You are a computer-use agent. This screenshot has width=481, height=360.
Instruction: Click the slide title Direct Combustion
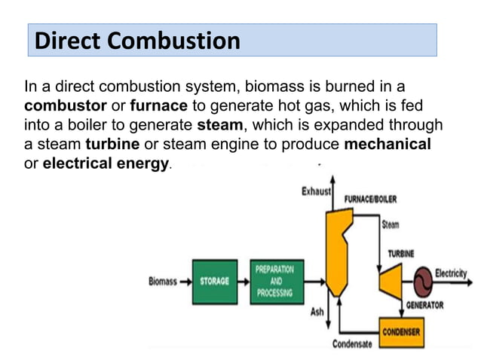[x=138, y=40]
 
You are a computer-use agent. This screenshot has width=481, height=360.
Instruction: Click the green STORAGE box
[x=214, y=282]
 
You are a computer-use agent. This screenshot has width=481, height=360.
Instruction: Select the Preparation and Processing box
[x=274, y=281]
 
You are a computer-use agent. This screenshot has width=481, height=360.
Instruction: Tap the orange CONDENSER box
[x=400, y=331]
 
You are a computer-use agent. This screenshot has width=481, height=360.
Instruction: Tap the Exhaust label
[x=316, y=191]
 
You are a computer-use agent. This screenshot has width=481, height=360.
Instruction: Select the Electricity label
[x=451, y=273]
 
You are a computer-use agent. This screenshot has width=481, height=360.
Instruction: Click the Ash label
[x=317, y=311]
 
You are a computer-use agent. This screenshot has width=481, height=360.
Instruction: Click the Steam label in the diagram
[x=391, y=224]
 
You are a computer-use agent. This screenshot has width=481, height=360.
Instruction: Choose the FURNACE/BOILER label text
[x=370, y=200]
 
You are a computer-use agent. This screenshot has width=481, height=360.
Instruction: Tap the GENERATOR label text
[x=424, y=305]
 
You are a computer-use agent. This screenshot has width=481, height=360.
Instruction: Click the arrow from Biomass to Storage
[x=184, y=282]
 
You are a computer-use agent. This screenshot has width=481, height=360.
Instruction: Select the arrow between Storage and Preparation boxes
[x=242, y=282]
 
